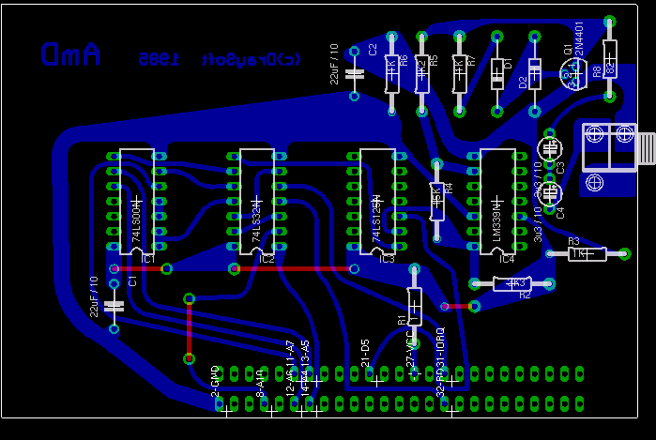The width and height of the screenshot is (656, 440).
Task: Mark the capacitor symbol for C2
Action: (355, 73)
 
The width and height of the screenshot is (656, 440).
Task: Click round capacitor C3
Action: (550, 148)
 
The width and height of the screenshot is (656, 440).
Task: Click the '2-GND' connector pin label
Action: (215, 380)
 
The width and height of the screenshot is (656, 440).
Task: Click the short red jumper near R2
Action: (457, 305)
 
